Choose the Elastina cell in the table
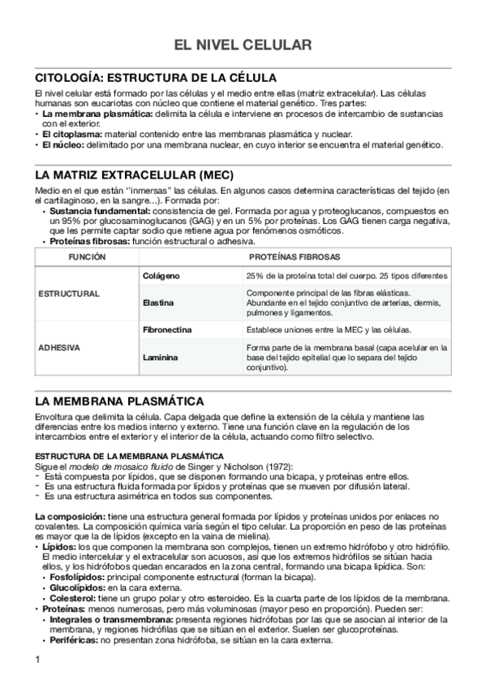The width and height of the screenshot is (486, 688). [x=158, y=303]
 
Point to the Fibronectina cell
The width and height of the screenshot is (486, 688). [x=167, y=329]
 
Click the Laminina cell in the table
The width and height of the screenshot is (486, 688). [x=159, y=357]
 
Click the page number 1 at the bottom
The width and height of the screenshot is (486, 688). [x=38, y=659]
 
